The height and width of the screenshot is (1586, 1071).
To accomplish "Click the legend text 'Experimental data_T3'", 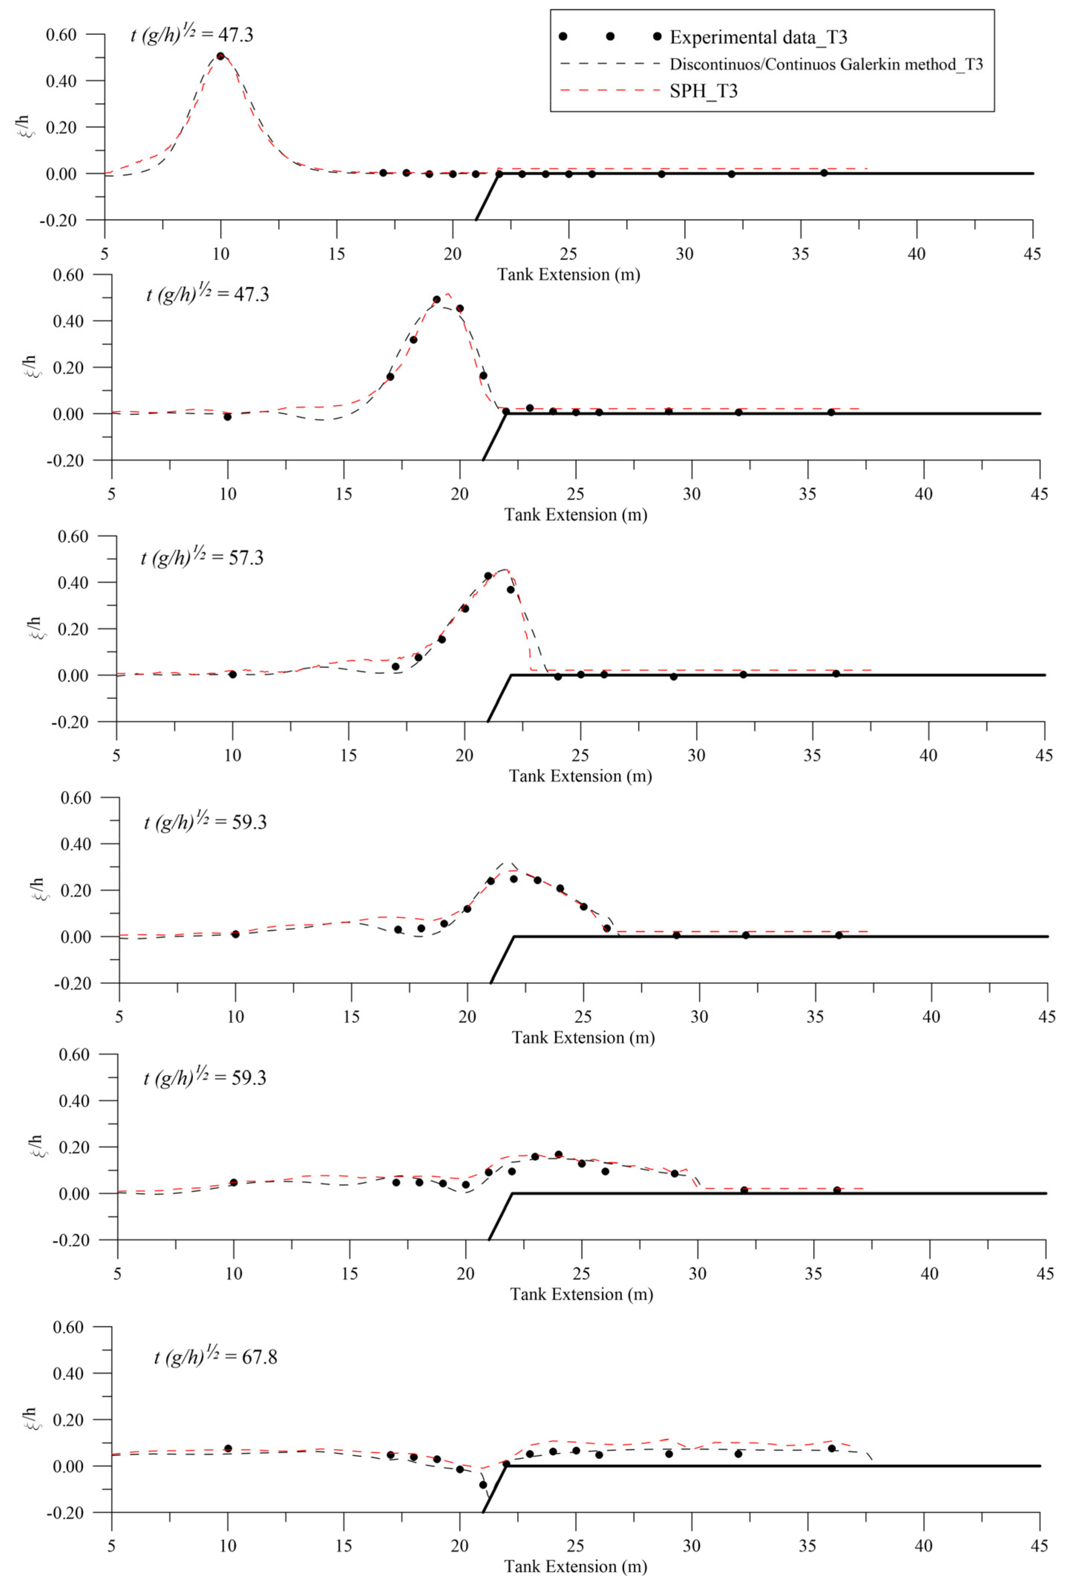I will point(758,37).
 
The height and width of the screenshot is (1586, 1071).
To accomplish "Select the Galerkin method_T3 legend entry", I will point(825,65).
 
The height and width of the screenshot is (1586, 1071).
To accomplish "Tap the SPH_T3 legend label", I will point(703,91).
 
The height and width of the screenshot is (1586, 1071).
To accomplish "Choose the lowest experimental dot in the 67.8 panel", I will point(483,1484).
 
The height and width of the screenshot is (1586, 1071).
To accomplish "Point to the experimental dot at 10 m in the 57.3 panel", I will point(233,674).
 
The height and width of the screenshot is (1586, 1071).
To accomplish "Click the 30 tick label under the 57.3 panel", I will point(696,755).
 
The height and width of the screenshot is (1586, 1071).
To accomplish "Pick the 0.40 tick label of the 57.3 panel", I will point(73,583).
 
